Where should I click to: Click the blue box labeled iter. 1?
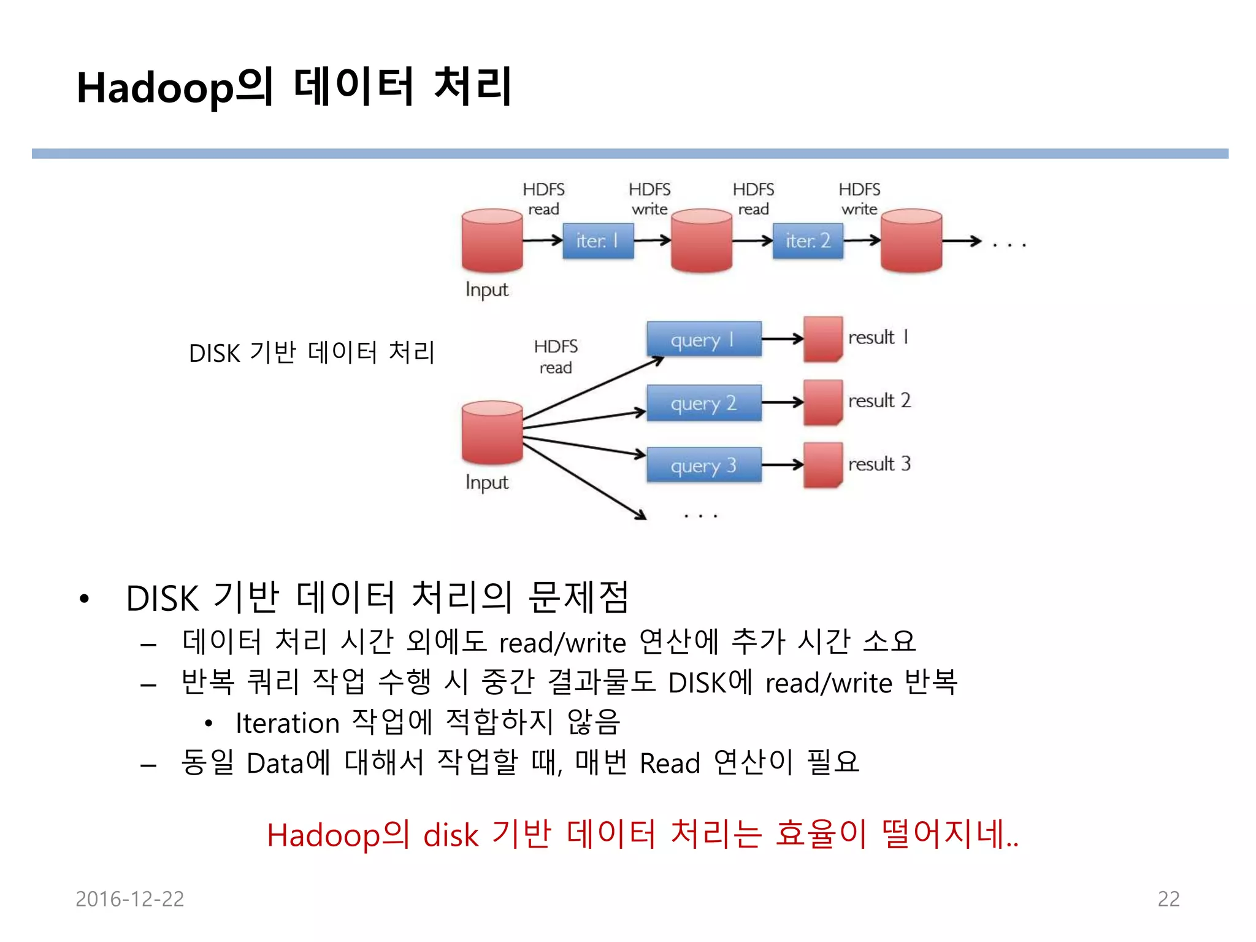[x=598, y=240]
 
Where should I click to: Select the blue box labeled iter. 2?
[x=808, y=240]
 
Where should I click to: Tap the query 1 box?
[x=703, y=339]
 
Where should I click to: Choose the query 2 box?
[x=703, y=403]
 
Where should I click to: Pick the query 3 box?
[x=703, y=465]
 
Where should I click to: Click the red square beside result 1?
[x=823, y=339]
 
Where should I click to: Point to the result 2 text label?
[x=879, y=400]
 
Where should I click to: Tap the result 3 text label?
[x=879, y=464]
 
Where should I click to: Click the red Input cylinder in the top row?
[x=492, y=240]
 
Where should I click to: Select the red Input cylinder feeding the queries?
[x=492, y=432]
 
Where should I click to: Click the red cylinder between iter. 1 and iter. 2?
[x=702, y=240]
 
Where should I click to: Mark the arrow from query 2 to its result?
[x=783, y=403]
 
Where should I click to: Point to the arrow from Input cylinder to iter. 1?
[x=543, y=240]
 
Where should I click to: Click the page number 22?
[x=1168, y=899]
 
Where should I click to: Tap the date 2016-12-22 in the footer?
[x=129, y=899]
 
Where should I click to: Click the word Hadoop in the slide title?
[x=155, y=88]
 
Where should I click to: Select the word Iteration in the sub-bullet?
[x=287, y=724]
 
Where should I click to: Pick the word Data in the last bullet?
[x=275, y=764]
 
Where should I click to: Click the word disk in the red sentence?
[x=451, y=836]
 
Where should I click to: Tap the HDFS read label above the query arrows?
[x=556, y=357]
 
